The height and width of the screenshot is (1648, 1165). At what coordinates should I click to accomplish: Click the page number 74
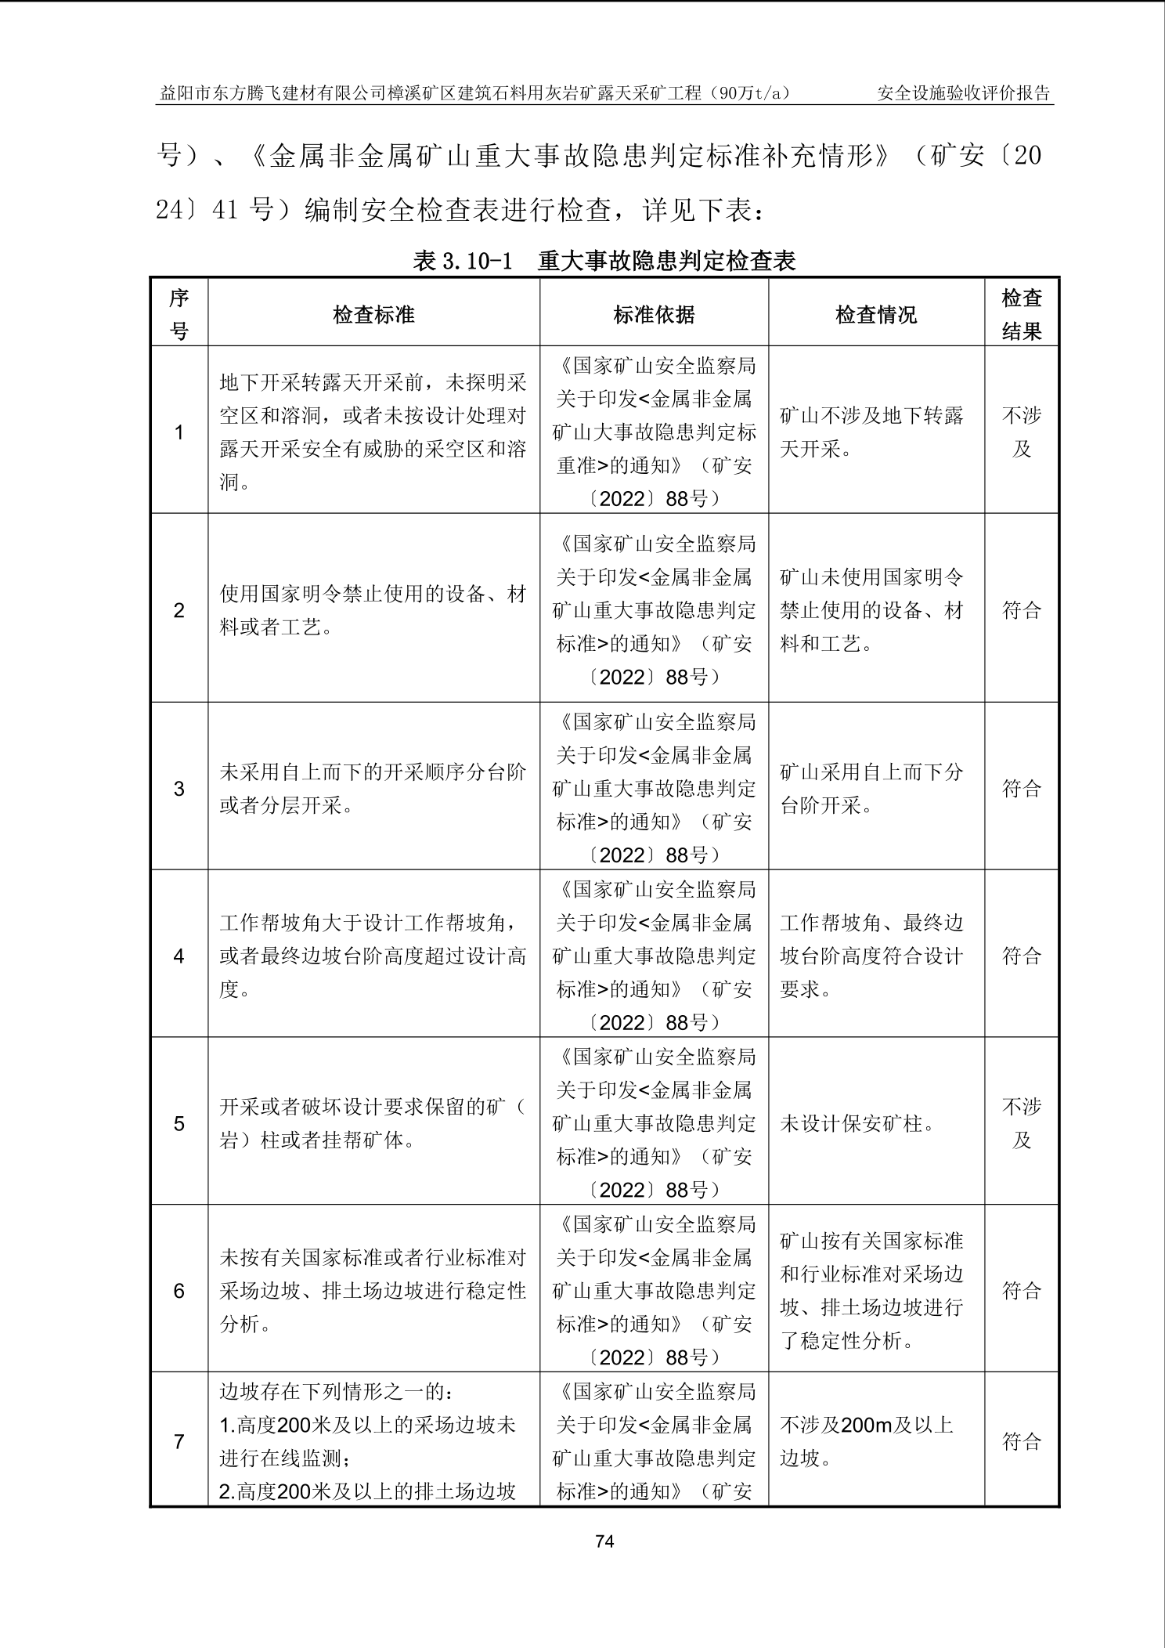pos(604,1541)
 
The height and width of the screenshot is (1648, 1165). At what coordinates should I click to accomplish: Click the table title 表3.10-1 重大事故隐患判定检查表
pos(604,261)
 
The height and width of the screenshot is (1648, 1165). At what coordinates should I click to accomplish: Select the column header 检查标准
pos(373,315)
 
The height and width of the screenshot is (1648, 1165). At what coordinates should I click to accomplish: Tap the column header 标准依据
pos(654,315)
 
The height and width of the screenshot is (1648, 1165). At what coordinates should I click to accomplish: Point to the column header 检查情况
pos(875,315)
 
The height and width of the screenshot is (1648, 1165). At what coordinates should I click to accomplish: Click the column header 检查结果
pos(1021,314)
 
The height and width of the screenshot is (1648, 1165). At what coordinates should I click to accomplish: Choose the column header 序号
pos(179,314)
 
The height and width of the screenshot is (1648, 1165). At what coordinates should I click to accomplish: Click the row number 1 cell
pos(179,432)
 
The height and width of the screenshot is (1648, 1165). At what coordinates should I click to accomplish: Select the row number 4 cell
pos(179,956)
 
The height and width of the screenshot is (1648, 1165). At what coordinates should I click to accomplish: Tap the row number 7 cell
pos(179,1441)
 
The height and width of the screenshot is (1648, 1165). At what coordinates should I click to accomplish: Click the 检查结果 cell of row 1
pos(1021,432)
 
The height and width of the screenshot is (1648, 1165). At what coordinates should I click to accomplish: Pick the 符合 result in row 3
pos(1021,788)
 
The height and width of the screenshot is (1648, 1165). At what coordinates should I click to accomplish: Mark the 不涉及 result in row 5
pos(1021,1123)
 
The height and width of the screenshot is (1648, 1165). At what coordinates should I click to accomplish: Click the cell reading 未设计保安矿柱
pos(858,1124)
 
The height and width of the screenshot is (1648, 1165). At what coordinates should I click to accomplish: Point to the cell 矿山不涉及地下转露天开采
pos(871,432)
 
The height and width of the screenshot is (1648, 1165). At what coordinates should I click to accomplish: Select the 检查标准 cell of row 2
pos(373,611)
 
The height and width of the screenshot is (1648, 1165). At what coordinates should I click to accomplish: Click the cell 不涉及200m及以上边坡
pos(866,1441)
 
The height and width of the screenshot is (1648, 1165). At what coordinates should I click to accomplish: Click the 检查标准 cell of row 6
pos(373,1291)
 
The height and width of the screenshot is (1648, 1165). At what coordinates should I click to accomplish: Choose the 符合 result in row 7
pos(1021,1441)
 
